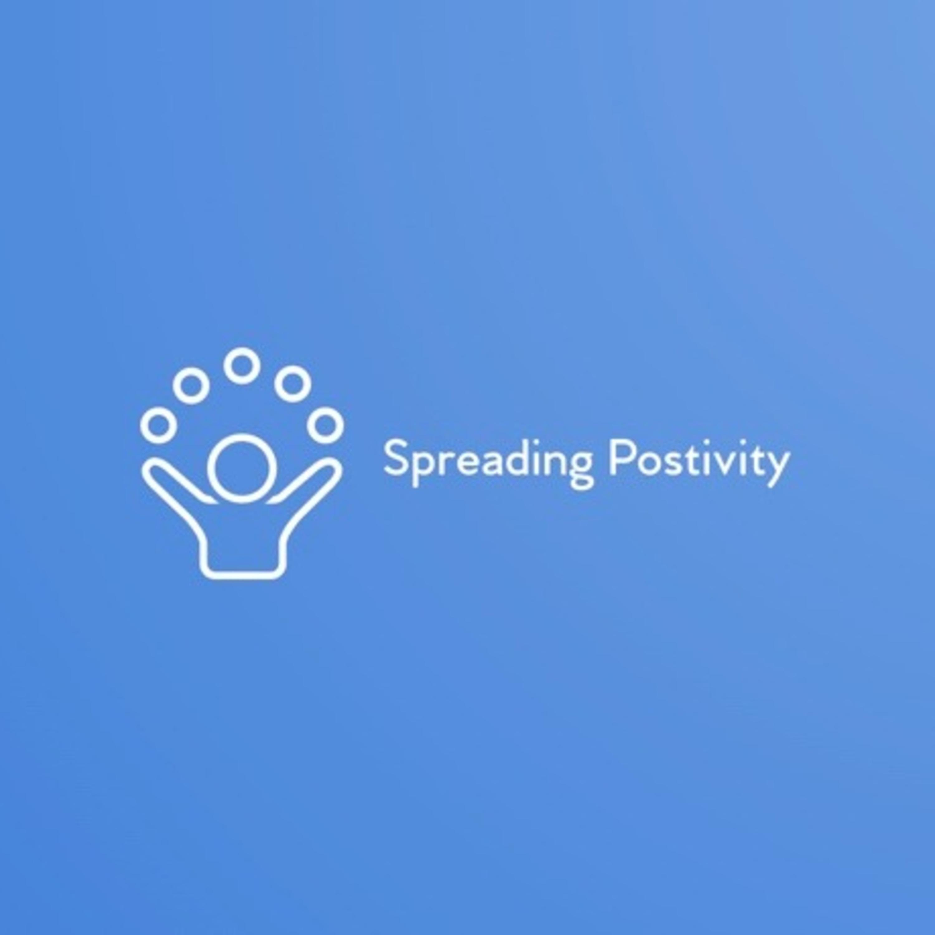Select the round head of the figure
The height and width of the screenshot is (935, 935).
242,467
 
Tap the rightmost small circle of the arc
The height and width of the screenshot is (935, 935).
327,426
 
